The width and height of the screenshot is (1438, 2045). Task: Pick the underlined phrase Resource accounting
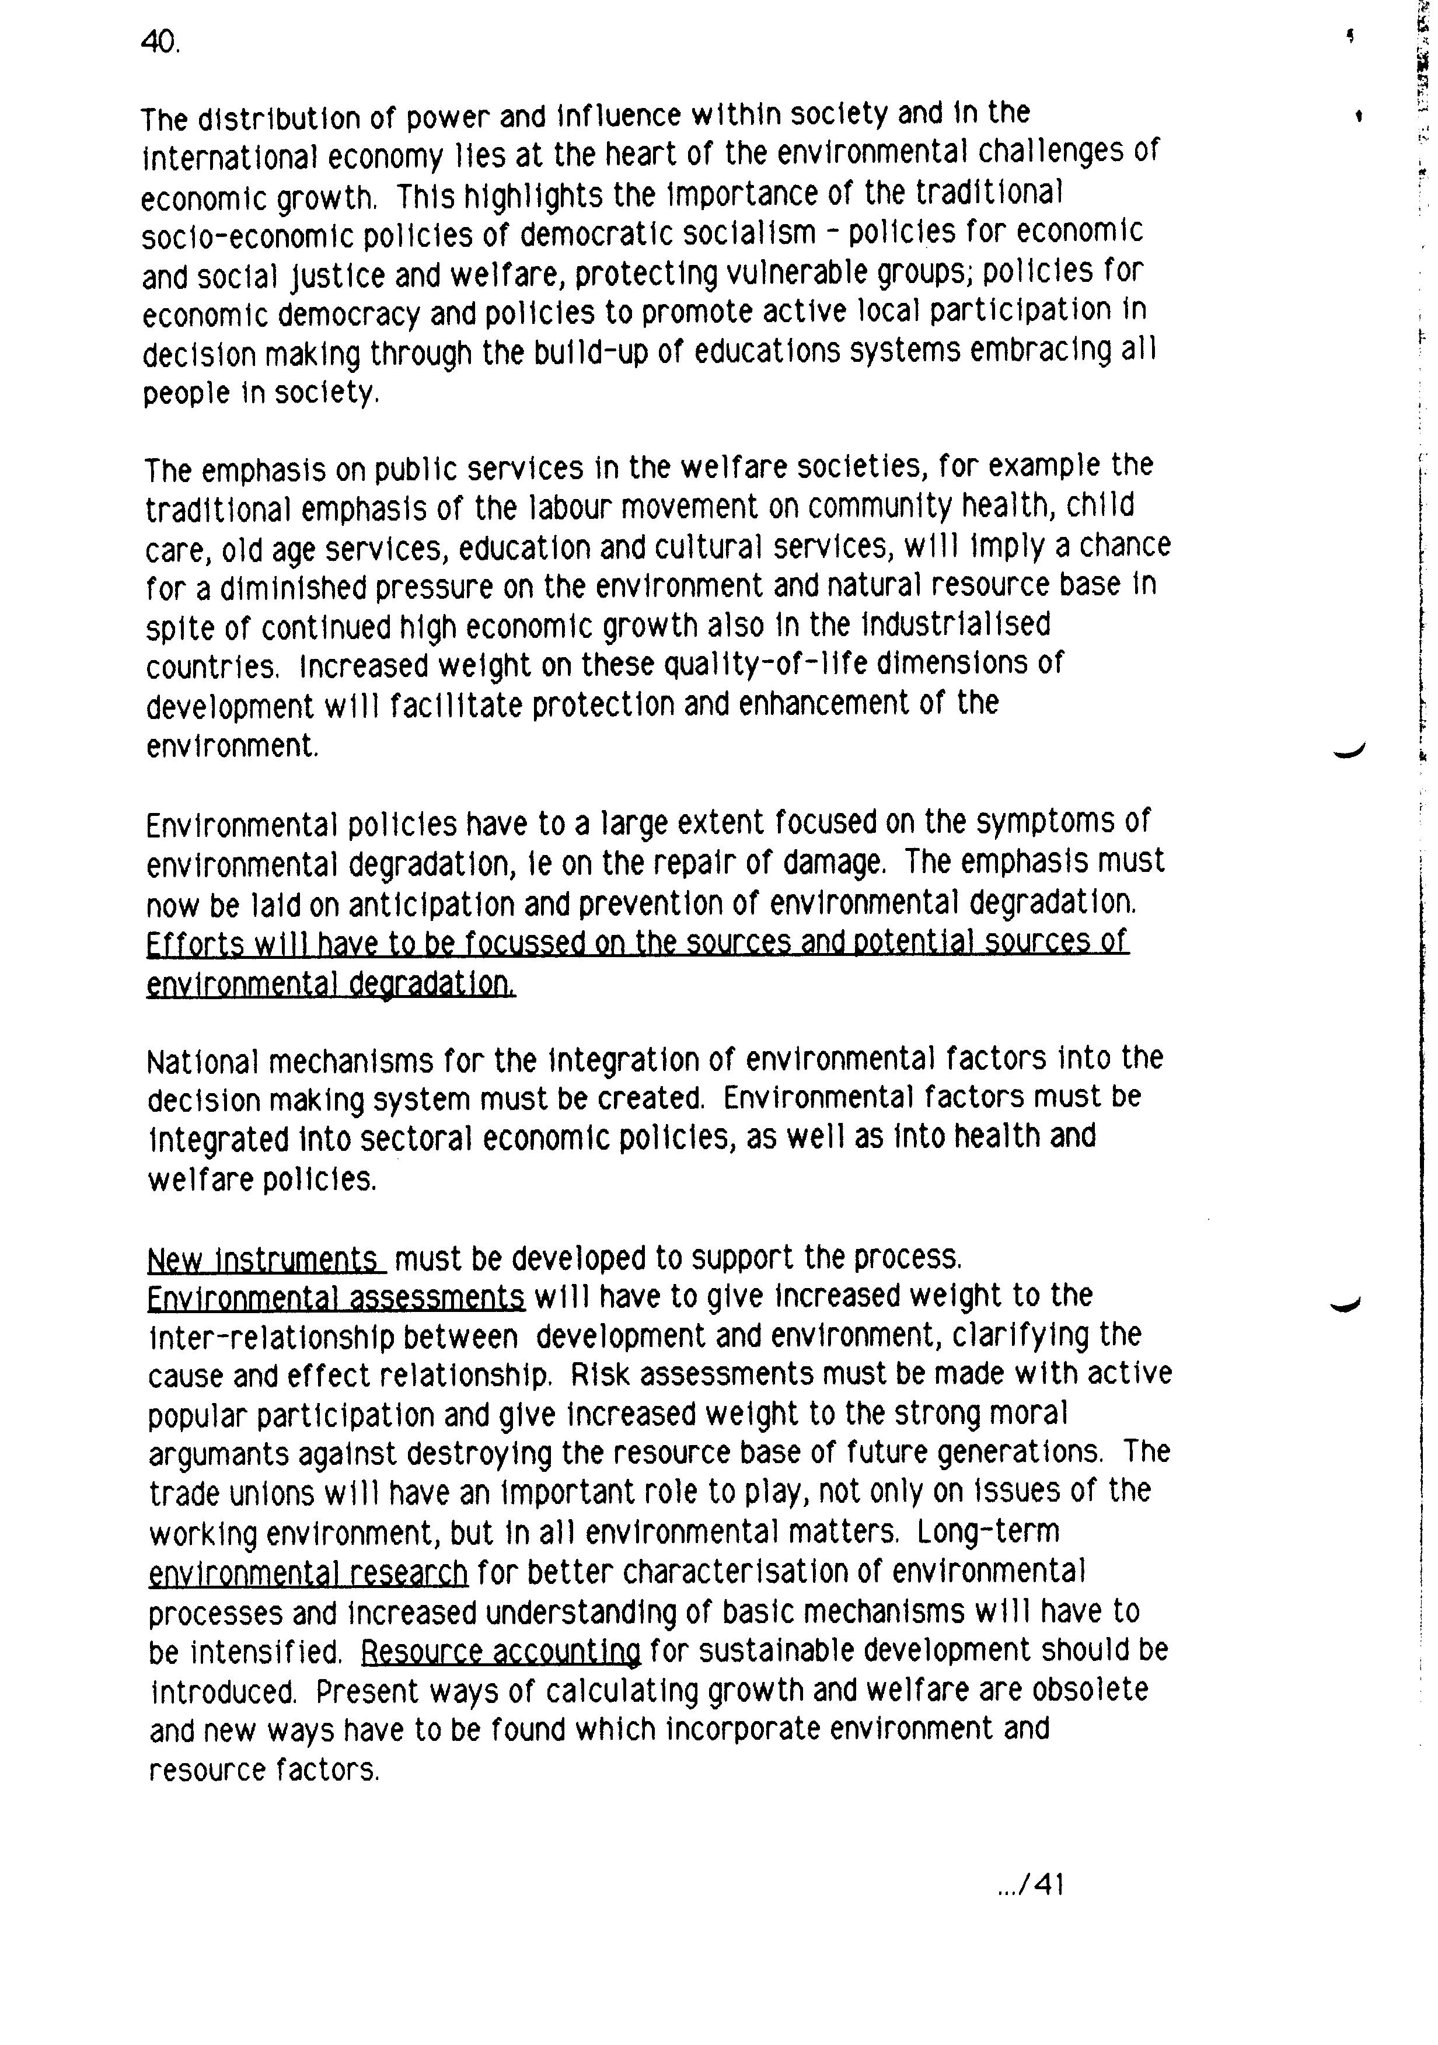pos(500,1653)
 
